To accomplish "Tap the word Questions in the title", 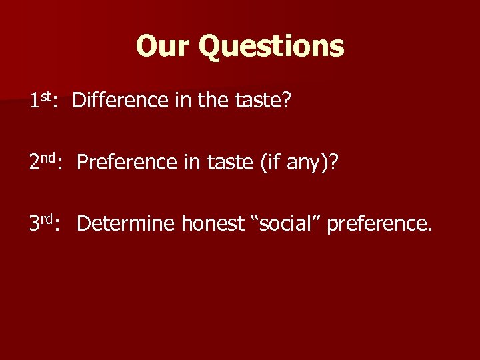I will (x=271, y=47).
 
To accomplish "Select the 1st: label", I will (x=45, y=101).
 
